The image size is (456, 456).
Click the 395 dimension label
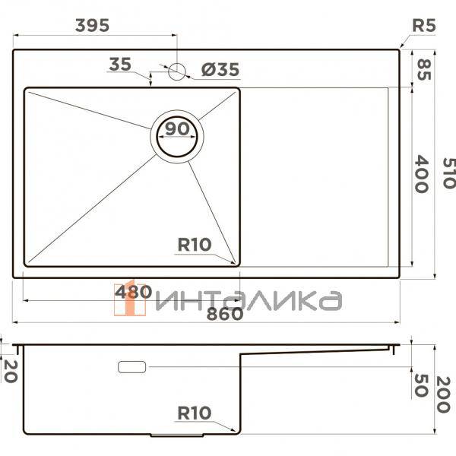coord(92,25)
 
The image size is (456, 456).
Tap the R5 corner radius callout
coord(423,25)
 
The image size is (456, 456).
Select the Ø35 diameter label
coord(220,71)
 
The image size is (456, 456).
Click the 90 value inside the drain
coord(178,130)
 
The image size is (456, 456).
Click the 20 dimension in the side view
coord(8,372)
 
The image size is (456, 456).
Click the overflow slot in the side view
coord(132,367)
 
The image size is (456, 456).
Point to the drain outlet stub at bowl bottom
coord(177,436)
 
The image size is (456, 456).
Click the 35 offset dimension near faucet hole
coord(120,65)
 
